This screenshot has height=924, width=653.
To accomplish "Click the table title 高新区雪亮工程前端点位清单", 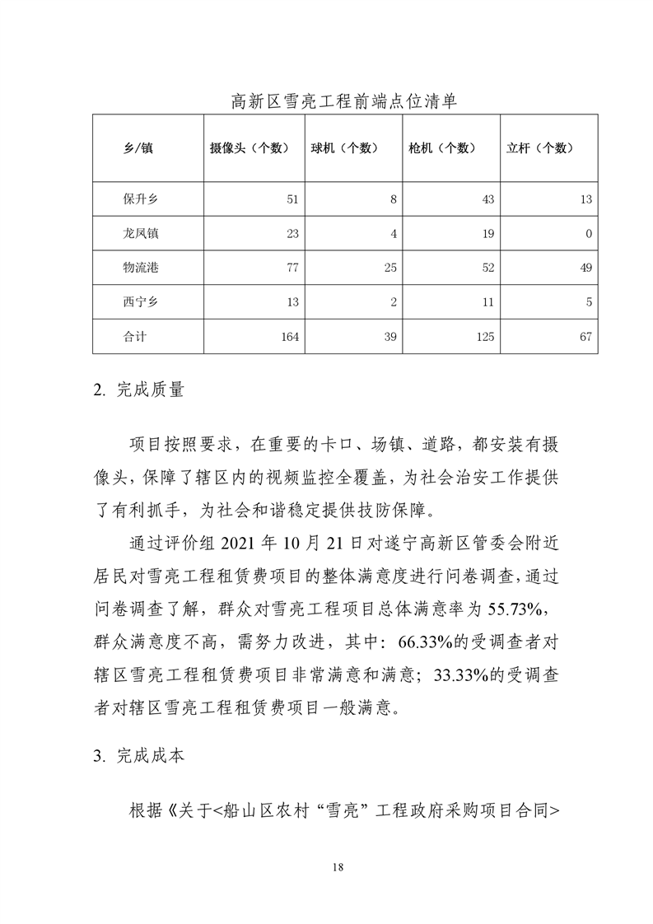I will [343, 102].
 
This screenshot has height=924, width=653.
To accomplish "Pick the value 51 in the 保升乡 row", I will [292, 199].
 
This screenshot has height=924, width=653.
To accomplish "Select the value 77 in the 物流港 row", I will [292, 268].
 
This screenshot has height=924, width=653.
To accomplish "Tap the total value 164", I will [289, 336].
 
